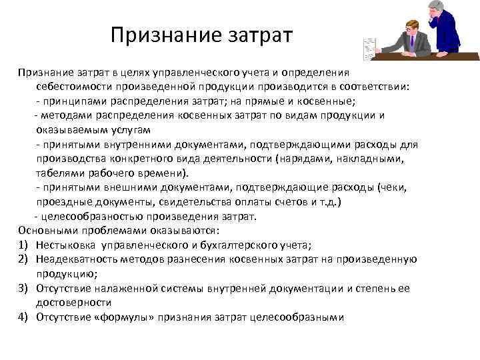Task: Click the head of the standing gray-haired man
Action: tap(437, 10)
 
